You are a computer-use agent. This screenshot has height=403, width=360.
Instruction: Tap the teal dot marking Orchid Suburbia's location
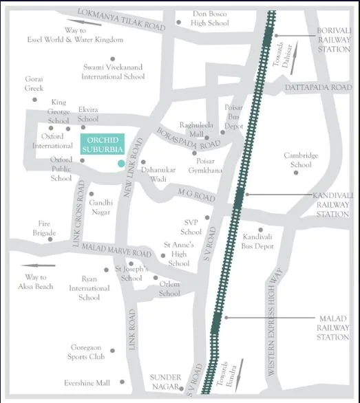click(121, 163)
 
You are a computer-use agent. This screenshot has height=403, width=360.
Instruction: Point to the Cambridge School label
click(301, 160)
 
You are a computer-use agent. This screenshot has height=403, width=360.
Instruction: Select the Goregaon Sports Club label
click(87, 352)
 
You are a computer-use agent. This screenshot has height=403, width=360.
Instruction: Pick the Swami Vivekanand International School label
click(114, 72)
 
